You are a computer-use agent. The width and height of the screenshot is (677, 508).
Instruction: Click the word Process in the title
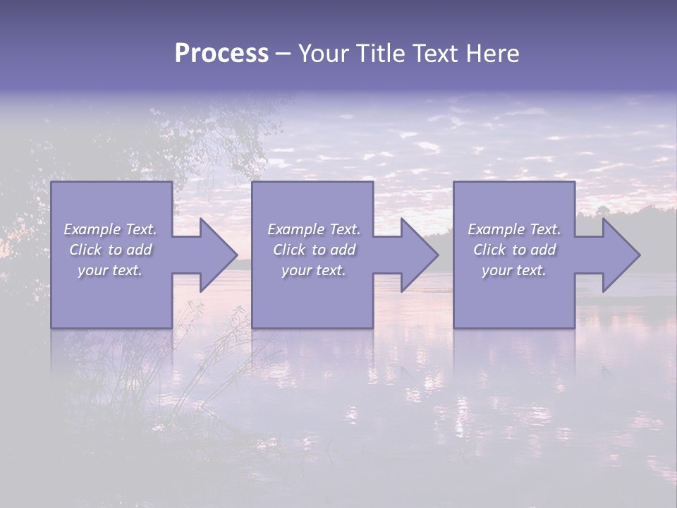(x=221, y=54)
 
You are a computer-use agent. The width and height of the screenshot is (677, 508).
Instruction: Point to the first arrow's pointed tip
(x=237, y=255)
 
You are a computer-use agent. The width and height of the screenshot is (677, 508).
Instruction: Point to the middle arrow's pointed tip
(x=438, y=255)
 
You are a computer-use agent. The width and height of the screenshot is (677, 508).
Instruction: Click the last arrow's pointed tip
(x=640, y=255)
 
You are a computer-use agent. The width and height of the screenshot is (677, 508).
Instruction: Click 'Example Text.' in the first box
(x=110, y=229)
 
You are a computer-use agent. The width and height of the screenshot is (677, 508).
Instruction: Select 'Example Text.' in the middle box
(x=314, y=229)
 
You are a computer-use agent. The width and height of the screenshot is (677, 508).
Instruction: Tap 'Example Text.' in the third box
(x=514, y=229)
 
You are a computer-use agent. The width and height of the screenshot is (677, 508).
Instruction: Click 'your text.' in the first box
(x=110, y=270)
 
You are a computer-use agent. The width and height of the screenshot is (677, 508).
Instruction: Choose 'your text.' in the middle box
(x=314, y=270)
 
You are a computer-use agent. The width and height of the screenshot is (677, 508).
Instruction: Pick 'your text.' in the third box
(x=514, y=270)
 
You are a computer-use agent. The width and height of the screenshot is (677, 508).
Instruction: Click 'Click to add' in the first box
(x=110, y=250)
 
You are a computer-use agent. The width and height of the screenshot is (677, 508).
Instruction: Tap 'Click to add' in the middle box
(x=314, y=250)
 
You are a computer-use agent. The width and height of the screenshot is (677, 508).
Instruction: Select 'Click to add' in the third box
(x=514, y=250)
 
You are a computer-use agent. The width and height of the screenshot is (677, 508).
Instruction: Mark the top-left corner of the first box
(x=51, y=182)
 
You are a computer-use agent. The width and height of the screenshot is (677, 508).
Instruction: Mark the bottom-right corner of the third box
(x=574, y=327)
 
